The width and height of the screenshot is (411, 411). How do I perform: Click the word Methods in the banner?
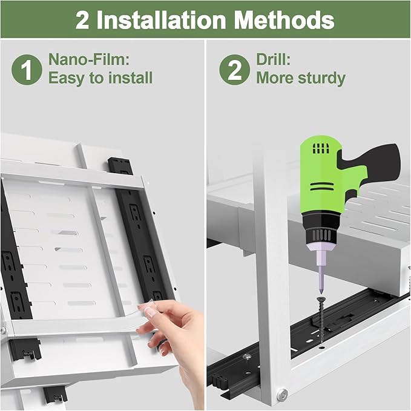pyautogui.click(x=284, y=20)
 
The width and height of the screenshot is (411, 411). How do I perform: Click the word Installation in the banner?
pyautogui.click(x=161, y=20)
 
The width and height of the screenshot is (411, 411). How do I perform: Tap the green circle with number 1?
pyautogui.click(x=27, y=70)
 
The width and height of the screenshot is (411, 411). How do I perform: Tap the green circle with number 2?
pyautogui.click(x=235, y=70)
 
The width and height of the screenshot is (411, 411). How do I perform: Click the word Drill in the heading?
pyautogui.click(x=273, y=59)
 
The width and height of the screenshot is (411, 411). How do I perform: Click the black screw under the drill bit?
pyautogui.click(x=321, y=319)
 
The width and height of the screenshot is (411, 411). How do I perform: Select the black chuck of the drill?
pyautogui.click(x=320, y=229)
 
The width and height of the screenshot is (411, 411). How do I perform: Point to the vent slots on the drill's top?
pyautogui.click(x=321, y=149)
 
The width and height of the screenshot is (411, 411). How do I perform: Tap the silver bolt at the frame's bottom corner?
pyautogui.click(x=282, y=394)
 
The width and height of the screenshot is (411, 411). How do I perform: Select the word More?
pyautogui.click(x=275, y=78)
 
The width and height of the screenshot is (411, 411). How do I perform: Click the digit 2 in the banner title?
pyautogui.click(x=82, y=20)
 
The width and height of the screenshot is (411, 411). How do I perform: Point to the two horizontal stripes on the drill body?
pyautogui.click(x=322, y=186)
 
